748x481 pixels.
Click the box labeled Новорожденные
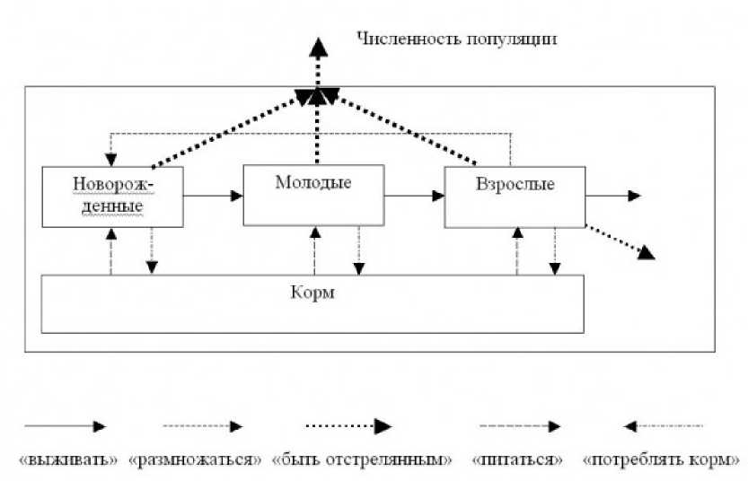111,196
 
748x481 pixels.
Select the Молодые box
313,195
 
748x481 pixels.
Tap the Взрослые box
514,196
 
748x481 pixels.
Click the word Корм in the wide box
312,293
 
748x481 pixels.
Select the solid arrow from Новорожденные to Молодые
213,195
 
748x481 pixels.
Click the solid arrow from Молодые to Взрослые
415,195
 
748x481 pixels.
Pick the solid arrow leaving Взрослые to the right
612,196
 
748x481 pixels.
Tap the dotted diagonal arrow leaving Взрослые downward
620,241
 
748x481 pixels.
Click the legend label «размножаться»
195,459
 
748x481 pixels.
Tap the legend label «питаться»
517,459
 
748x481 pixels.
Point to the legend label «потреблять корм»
663,459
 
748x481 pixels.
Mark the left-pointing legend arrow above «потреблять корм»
663,426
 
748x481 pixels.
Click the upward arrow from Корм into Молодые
314,250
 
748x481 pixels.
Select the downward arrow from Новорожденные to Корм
152,250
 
